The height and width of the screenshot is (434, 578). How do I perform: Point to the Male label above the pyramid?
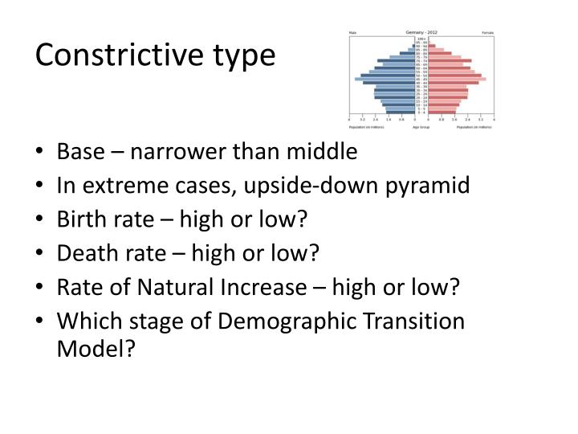pyautogui.click(x=352, y=33)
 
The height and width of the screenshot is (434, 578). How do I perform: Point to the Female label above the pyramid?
pyautogui.click(x=487, y=33)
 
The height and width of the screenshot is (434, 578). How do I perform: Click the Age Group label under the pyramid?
pyautogui.click(x=421, y=127)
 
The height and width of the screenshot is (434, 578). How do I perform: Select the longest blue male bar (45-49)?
pyautogui.click(x=385, y=79)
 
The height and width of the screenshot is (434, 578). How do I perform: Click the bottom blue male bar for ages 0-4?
pyautogui.click(x=400, y=113)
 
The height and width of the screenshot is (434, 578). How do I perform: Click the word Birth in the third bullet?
pyautogui.click(x=78, y=219)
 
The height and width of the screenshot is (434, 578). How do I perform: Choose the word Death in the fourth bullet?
pyautogui.click(x=81, y=254)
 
